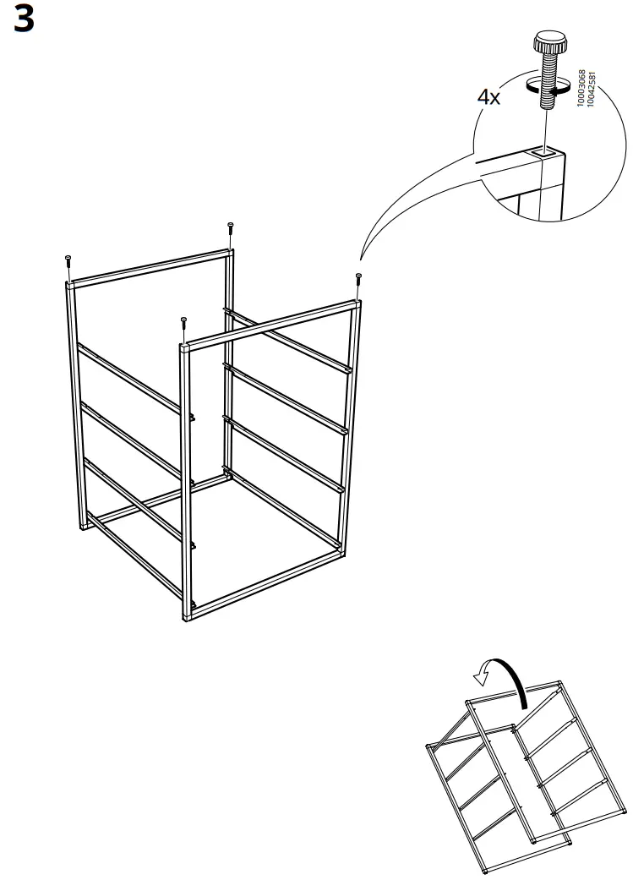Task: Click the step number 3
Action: [25, 19]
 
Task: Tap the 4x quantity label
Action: [488, 97]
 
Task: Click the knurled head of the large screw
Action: [548, 41]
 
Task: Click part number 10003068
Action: [580, 86]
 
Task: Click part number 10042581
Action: [590, 86]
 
